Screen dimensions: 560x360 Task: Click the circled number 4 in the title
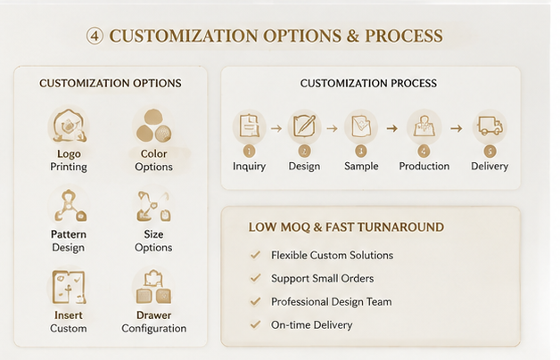click(95, 36)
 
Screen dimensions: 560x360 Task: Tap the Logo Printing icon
click(69, 126)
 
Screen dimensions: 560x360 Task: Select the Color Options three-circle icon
click(153, 126)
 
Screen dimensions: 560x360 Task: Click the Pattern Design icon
click(70, 206)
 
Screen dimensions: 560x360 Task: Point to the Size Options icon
click(153, 206)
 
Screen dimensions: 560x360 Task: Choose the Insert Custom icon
click(69, 287)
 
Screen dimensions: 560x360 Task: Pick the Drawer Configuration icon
click(153, 287)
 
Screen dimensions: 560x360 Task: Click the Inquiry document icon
click(250, 126)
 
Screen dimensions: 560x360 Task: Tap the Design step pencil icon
click(304, 126)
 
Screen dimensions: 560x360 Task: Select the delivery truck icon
click(490, 126)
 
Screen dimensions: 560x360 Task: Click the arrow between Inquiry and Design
click(276, 128)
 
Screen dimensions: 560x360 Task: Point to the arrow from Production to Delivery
click(456, 128)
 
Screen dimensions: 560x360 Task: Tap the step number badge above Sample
click(361, 151)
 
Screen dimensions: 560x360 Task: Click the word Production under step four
click(424, 167)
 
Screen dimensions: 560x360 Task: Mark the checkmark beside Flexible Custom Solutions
click(255, 255)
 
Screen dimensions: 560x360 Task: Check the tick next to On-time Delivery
click(255, 324)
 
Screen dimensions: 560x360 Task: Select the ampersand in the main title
click(352, 36)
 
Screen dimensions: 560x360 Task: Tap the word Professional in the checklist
click(300, 302)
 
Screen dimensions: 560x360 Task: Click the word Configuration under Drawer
click(154, 329)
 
